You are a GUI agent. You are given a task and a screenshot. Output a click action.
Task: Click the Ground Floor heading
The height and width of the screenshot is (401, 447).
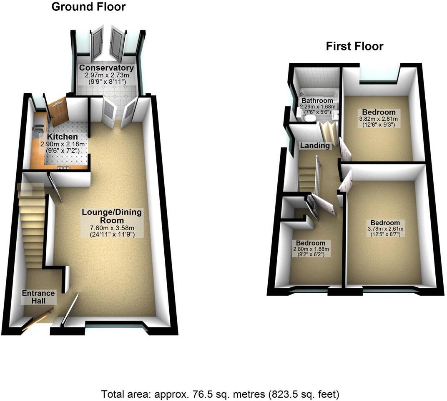[88, 7]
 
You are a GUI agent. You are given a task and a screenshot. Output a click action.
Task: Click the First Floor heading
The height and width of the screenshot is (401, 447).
[354, 46]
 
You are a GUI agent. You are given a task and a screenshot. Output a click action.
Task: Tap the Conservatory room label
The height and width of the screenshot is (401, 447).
[107, 68]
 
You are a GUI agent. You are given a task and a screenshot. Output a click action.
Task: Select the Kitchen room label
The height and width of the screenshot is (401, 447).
[62, 137]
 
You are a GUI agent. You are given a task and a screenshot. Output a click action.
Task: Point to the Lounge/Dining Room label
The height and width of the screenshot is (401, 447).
[112, 216]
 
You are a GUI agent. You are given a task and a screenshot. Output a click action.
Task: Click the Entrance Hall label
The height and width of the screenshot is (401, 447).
[33, 297]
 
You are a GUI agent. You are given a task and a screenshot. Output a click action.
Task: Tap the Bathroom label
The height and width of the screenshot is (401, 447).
[317, 101]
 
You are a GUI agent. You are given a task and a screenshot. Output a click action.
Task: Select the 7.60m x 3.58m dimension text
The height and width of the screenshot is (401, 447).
[112, 228]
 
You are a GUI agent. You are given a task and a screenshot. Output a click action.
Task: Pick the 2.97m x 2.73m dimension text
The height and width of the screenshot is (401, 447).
[107, 75]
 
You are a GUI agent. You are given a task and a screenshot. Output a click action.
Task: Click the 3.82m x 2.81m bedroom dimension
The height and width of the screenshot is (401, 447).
[379, 119]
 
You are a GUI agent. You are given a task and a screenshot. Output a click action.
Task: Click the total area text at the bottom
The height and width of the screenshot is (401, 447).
[220, 394]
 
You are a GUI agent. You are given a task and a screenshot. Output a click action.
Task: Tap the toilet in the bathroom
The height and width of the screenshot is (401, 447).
[309, 119]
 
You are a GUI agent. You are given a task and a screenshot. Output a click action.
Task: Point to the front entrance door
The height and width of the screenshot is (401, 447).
[38, 319]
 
